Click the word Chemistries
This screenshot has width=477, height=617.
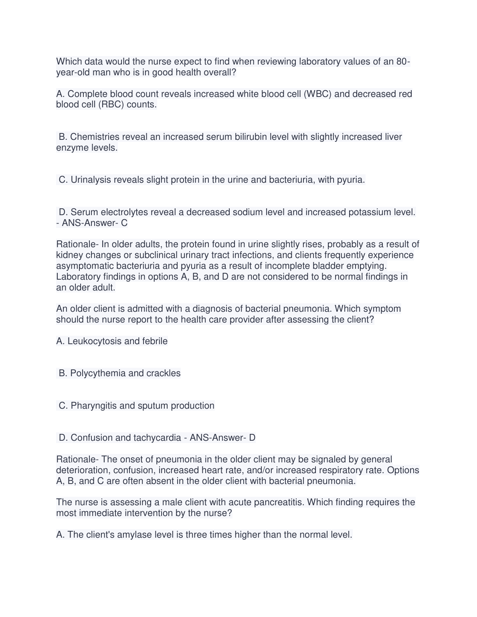click(95, 137)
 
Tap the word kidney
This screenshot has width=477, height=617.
click(69, 255)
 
